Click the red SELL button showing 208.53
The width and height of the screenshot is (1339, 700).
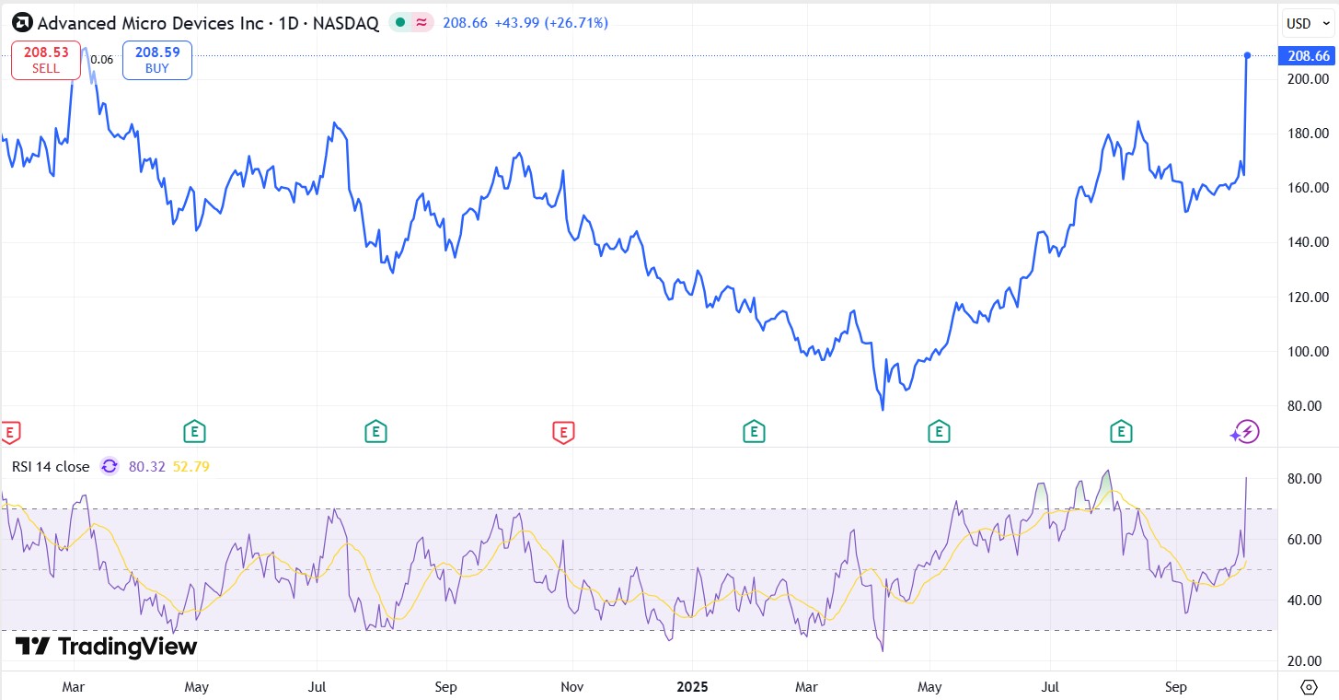tap(47, 60)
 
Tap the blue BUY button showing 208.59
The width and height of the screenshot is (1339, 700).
tap(157, 60)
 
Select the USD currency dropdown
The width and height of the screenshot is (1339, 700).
tap(1304, 23)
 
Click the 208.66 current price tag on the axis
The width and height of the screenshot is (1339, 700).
tap(1308, 56)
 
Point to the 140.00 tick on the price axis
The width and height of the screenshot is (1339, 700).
tap(1307, 242)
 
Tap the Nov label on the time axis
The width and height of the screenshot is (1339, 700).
tap(572, 687)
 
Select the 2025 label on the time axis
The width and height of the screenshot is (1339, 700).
tap(692, 687)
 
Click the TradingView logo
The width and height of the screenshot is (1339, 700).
tap(107, 647)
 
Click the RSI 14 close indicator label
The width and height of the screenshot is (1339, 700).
tap(51, 467)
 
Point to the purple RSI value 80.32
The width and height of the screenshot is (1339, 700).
tap(146, 467)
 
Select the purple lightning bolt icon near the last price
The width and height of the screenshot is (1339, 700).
tap(1246, 431)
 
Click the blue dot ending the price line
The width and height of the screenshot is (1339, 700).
tap(1247, 56)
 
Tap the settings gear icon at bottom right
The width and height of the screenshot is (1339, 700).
tap(1309, 687)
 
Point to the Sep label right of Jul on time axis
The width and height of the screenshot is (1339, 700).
tap(1175, 687)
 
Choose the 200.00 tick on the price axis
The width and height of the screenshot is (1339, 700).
tap(1307, 79)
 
